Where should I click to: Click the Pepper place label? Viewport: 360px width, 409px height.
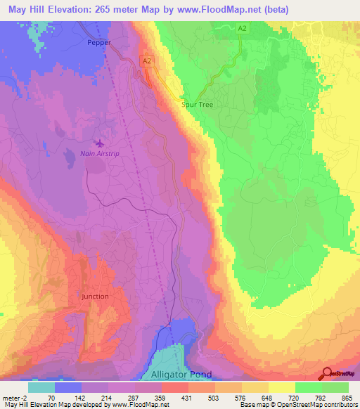99,42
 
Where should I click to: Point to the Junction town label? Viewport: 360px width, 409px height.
95,296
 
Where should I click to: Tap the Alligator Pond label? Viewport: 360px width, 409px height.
176,375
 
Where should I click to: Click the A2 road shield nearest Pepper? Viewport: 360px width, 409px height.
147,62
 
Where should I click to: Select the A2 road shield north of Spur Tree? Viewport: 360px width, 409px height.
242,28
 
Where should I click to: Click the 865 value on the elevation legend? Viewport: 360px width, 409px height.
346,398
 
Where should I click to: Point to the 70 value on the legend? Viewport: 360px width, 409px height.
51,398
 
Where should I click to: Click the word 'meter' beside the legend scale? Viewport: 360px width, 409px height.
12,398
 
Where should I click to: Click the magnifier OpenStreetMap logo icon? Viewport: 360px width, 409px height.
327,372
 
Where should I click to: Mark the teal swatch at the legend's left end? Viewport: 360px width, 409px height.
41,387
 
